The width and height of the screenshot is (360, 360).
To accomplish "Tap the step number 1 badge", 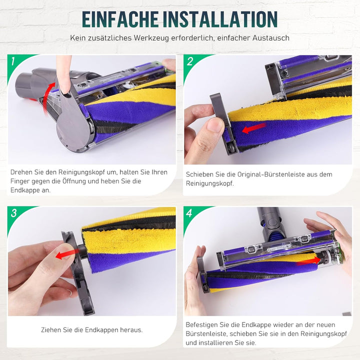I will (13, 62).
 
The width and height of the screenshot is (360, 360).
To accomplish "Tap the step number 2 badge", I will (190, 62).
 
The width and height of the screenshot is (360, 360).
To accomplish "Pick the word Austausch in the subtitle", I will (272, 38).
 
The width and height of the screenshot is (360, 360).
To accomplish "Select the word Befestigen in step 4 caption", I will (201, 324).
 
